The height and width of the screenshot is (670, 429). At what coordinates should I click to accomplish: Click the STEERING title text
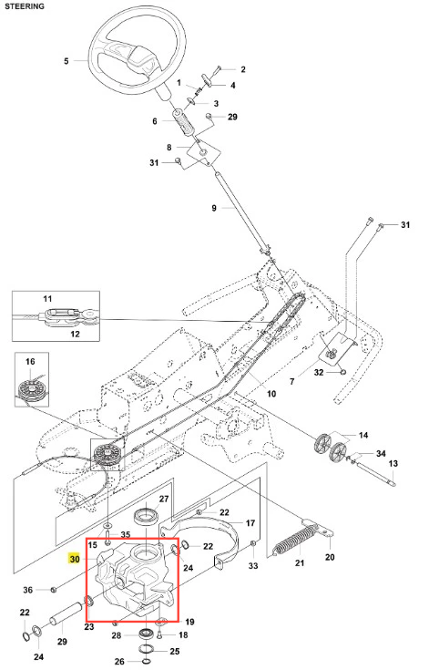[x=25, y=6]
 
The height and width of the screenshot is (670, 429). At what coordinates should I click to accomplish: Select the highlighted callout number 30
[x=75, y=559]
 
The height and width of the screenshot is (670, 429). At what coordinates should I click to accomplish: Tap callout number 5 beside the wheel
[x=66, y=61]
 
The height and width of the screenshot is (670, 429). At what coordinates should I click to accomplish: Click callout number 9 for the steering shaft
[x=214, y=208]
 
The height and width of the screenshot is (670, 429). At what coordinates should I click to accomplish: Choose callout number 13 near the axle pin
[x=393, y=463]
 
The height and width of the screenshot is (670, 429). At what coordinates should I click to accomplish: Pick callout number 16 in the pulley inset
[x=30, y=362]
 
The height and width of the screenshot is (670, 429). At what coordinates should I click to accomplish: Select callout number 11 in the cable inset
[x=47, y=299]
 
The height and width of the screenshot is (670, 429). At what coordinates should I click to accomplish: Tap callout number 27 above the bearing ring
[x=164, y=499]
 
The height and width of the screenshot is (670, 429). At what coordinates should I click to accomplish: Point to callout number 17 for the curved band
[x=250, y=522]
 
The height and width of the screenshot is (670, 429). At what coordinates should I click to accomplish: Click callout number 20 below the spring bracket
[x=330, y=557]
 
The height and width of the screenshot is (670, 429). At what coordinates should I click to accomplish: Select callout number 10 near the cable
[x=271, y=394]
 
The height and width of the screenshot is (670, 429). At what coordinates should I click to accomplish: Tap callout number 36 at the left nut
[x=27, y=590]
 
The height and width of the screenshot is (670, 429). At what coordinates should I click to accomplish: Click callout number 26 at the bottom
[x=119, y=662]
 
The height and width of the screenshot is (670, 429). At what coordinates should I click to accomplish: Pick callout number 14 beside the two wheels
[x=363, y=435]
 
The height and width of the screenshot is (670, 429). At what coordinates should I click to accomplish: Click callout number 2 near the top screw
[x=243, y=69]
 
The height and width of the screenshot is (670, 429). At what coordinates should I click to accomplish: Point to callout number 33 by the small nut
[x=253, y=566]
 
